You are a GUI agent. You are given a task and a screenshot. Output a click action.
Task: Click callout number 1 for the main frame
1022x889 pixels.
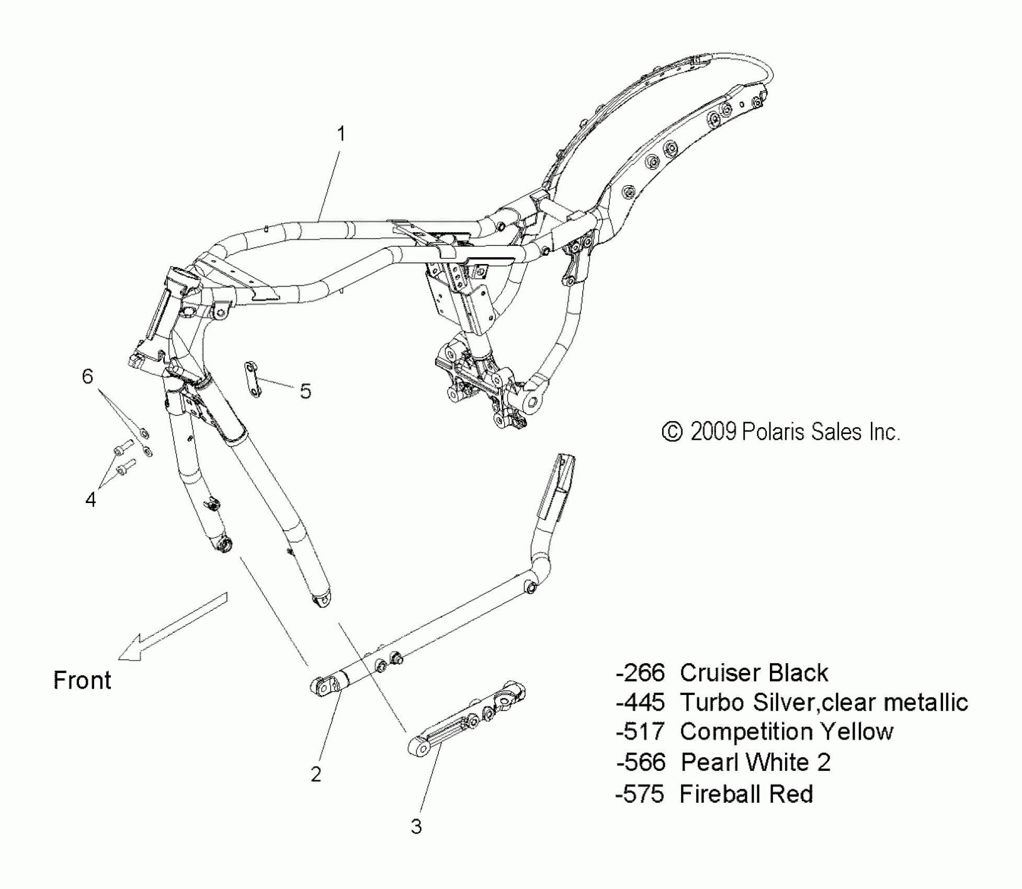pos(340,134)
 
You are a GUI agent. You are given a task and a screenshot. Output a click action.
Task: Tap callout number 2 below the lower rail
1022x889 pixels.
pos(316,774)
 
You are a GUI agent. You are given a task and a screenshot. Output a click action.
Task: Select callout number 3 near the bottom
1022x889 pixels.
pos(416,827)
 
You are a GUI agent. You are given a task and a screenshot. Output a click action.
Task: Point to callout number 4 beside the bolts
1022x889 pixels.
pos(91,500)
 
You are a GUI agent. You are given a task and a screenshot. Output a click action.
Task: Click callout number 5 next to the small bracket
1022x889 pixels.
pos(306,391)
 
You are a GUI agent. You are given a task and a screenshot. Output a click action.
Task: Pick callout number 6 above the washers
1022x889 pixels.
pos(88,376)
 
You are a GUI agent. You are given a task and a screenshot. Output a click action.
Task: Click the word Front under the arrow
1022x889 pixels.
pos(82,680)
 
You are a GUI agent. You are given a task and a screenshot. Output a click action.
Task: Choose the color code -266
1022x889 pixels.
pos(640,673)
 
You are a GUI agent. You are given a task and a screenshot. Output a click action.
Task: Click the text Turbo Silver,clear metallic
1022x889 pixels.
pos(824,702)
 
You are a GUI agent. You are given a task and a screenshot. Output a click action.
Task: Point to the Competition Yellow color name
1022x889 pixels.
pos(786,732)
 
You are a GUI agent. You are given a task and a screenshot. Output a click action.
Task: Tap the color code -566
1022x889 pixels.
pos(641,762)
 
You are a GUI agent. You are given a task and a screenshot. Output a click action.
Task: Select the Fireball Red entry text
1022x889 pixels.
pos(746,794)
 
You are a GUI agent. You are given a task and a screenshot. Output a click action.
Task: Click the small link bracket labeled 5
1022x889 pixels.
pos(253,379)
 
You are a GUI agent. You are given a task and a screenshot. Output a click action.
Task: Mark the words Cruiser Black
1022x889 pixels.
pos(754,673)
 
